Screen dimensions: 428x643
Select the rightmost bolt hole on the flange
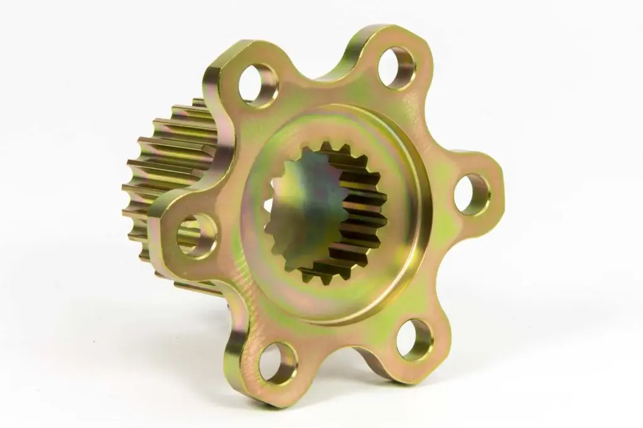(x=472, y=194)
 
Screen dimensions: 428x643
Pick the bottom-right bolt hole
(x=414, y=339)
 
